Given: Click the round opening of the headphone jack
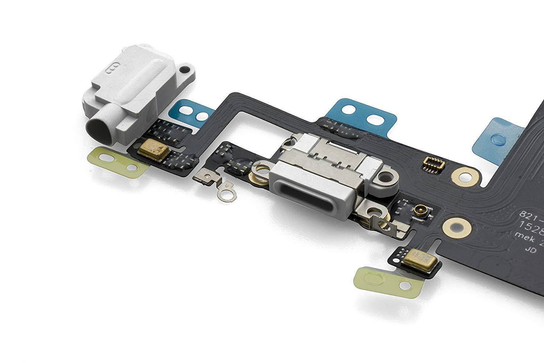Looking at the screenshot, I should pos(100,130).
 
